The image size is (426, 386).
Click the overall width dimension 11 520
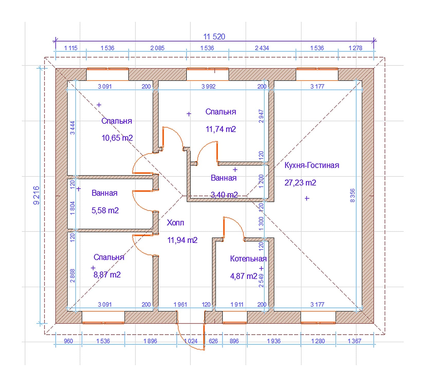click(214, 37)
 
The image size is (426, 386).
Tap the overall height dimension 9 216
click(37, 195)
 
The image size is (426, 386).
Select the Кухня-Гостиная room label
click(312, 165)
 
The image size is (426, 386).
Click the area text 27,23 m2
click(300, 183)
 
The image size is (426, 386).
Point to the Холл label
click(175, 223)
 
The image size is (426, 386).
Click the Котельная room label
click(248, 259)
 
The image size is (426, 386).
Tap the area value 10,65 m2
click(117, 138)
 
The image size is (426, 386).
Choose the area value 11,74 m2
click(221, 129)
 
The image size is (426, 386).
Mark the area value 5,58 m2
click(105, 210)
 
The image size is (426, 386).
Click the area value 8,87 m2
click(107, 275)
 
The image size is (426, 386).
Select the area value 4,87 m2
click(243, 276)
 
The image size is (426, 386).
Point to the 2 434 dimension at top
click(262, 48)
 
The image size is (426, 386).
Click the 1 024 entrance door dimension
click(191, 341)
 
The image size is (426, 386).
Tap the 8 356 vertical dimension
click(352, 195)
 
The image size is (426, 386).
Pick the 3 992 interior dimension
click(208, 86)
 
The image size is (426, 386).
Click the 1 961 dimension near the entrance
click(180, 305)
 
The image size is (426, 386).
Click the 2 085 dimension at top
click(157, 48)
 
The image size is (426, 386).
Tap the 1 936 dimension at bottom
click(274, 341)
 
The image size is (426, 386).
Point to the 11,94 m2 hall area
click(182, 240)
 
